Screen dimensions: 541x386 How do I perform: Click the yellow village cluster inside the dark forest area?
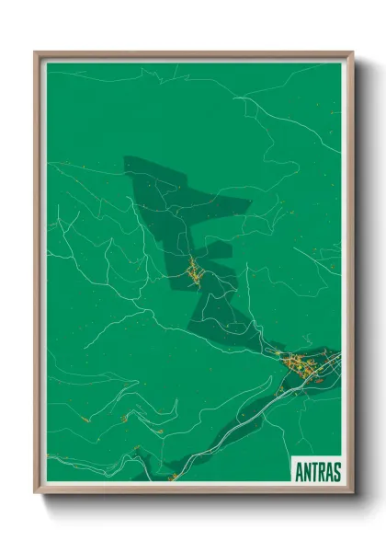(194, 271)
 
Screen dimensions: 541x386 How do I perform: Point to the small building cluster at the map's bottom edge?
(172, 477)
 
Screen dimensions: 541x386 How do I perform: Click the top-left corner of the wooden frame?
(37, 53)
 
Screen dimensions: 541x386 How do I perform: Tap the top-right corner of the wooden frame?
(351, 53)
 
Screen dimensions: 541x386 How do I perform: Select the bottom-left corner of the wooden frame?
(37, 491)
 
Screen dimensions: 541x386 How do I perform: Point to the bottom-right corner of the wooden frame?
(351, 491)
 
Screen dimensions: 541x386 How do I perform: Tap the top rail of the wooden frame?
(194, 53)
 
